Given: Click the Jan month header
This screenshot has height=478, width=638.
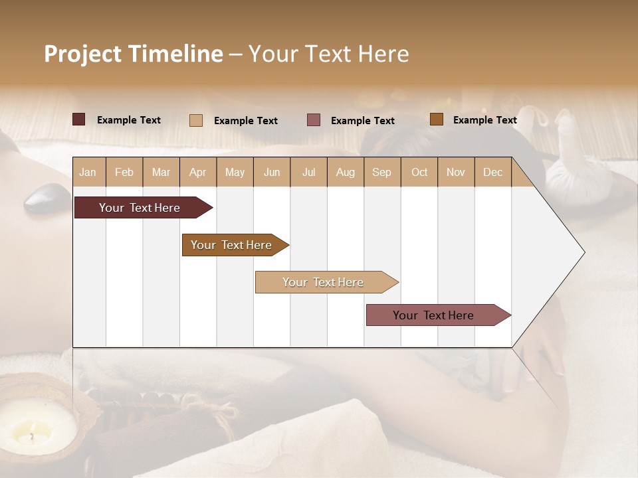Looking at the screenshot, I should tap(88, 172).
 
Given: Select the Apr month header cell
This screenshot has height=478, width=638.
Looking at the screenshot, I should tap(198, 172).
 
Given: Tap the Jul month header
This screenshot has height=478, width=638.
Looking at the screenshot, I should tap(308, 172).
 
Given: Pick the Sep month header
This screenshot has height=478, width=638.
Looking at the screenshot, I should tap(382, 172).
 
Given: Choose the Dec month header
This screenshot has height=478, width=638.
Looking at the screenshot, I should tap(492, 172).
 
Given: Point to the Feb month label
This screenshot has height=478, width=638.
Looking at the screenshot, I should tap(124, 172).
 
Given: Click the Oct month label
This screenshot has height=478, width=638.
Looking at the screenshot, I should tap(419, 172).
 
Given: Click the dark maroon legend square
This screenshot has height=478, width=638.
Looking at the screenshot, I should tap(78, 119).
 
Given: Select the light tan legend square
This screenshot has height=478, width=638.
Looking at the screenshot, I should tap(195, 120).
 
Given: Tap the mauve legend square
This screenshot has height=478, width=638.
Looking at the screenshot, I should tap(314, 119).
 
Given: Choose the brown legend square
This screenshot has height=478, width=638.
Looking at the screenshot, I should tap(436, 119).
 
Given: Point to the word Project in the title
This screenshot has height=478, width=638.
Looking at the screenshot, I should tap(83, 54).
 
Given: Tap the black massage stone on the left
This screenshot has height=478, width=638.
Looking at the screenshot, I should tap(47, 198).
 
